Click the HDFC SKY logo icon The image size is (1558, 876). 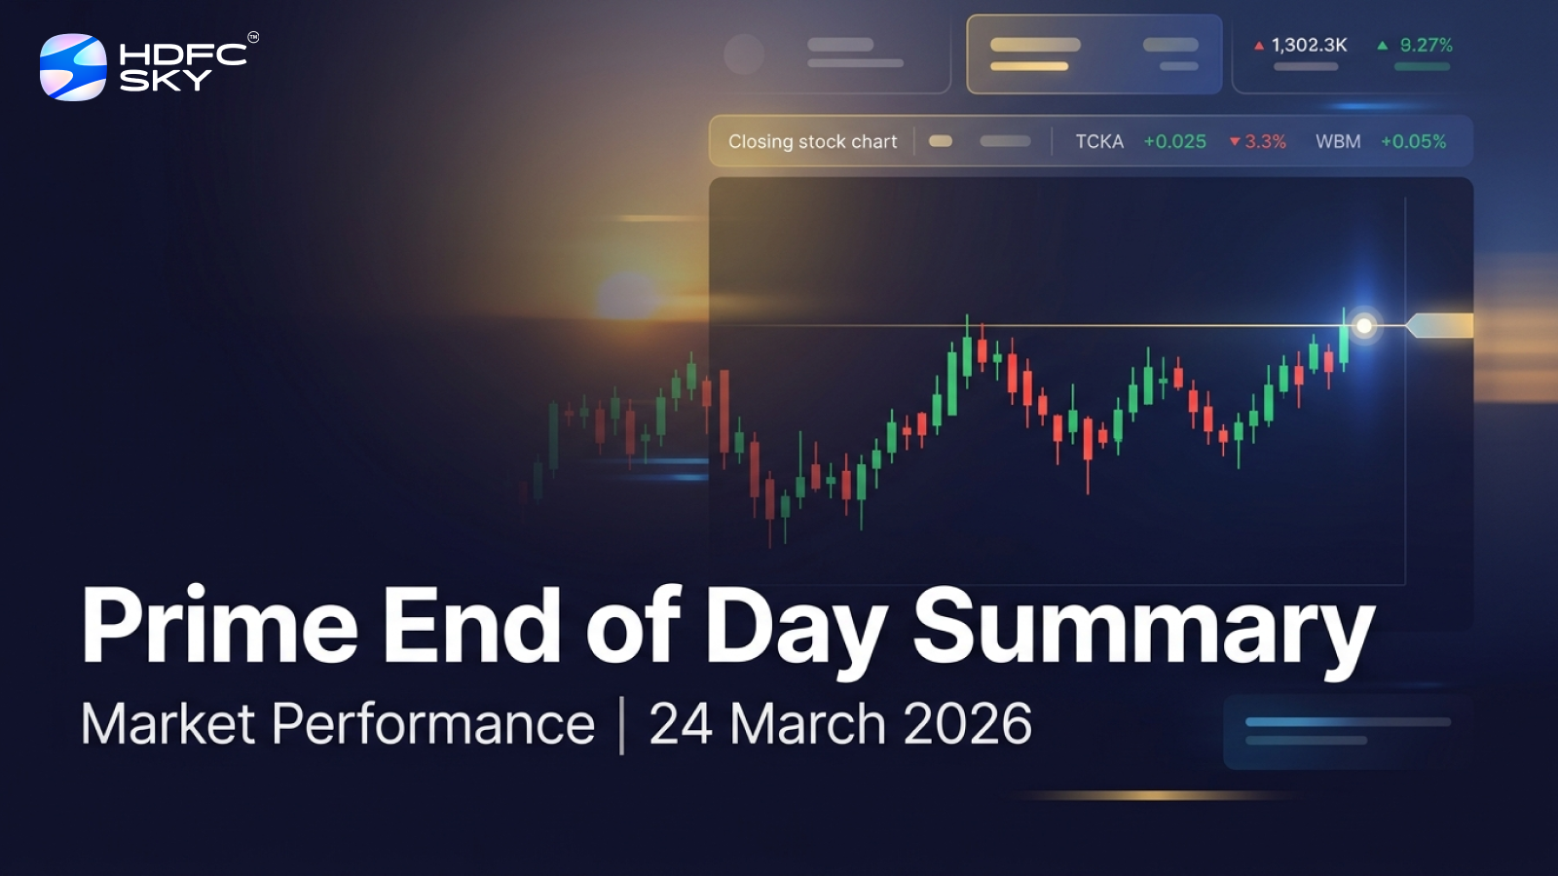(73, 67)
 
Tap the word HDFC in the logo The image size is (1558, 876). (183, 55)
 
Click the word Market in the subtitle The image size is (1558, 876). (167, 724)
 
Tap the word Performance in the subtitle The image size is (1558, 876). (433, 724)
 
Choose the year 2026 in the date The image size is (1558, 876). (967, 724)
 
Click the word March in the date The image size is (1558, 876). (808, 724)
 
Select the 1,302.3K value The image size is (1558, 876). (1309, 45)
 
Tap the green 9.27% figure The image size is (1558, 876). (1426, 45)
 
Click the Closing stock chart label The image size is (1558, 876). (812, 141)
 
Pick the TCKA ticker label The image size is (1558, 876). (1099, 141)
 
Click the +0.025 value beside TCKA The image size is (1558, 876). (1174, 141)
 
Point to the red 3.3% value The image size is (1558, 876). (1265, 141)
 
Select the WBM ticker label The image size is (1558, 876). (1338, 141)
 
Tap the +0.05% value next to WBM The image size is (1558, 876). (1413, 141)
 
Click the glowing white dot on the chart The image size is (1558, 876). (1364, 326)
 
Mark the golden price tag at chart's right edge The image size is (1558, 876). (1441, 326)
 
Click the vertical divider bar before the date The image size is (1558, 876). (621, 725)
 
